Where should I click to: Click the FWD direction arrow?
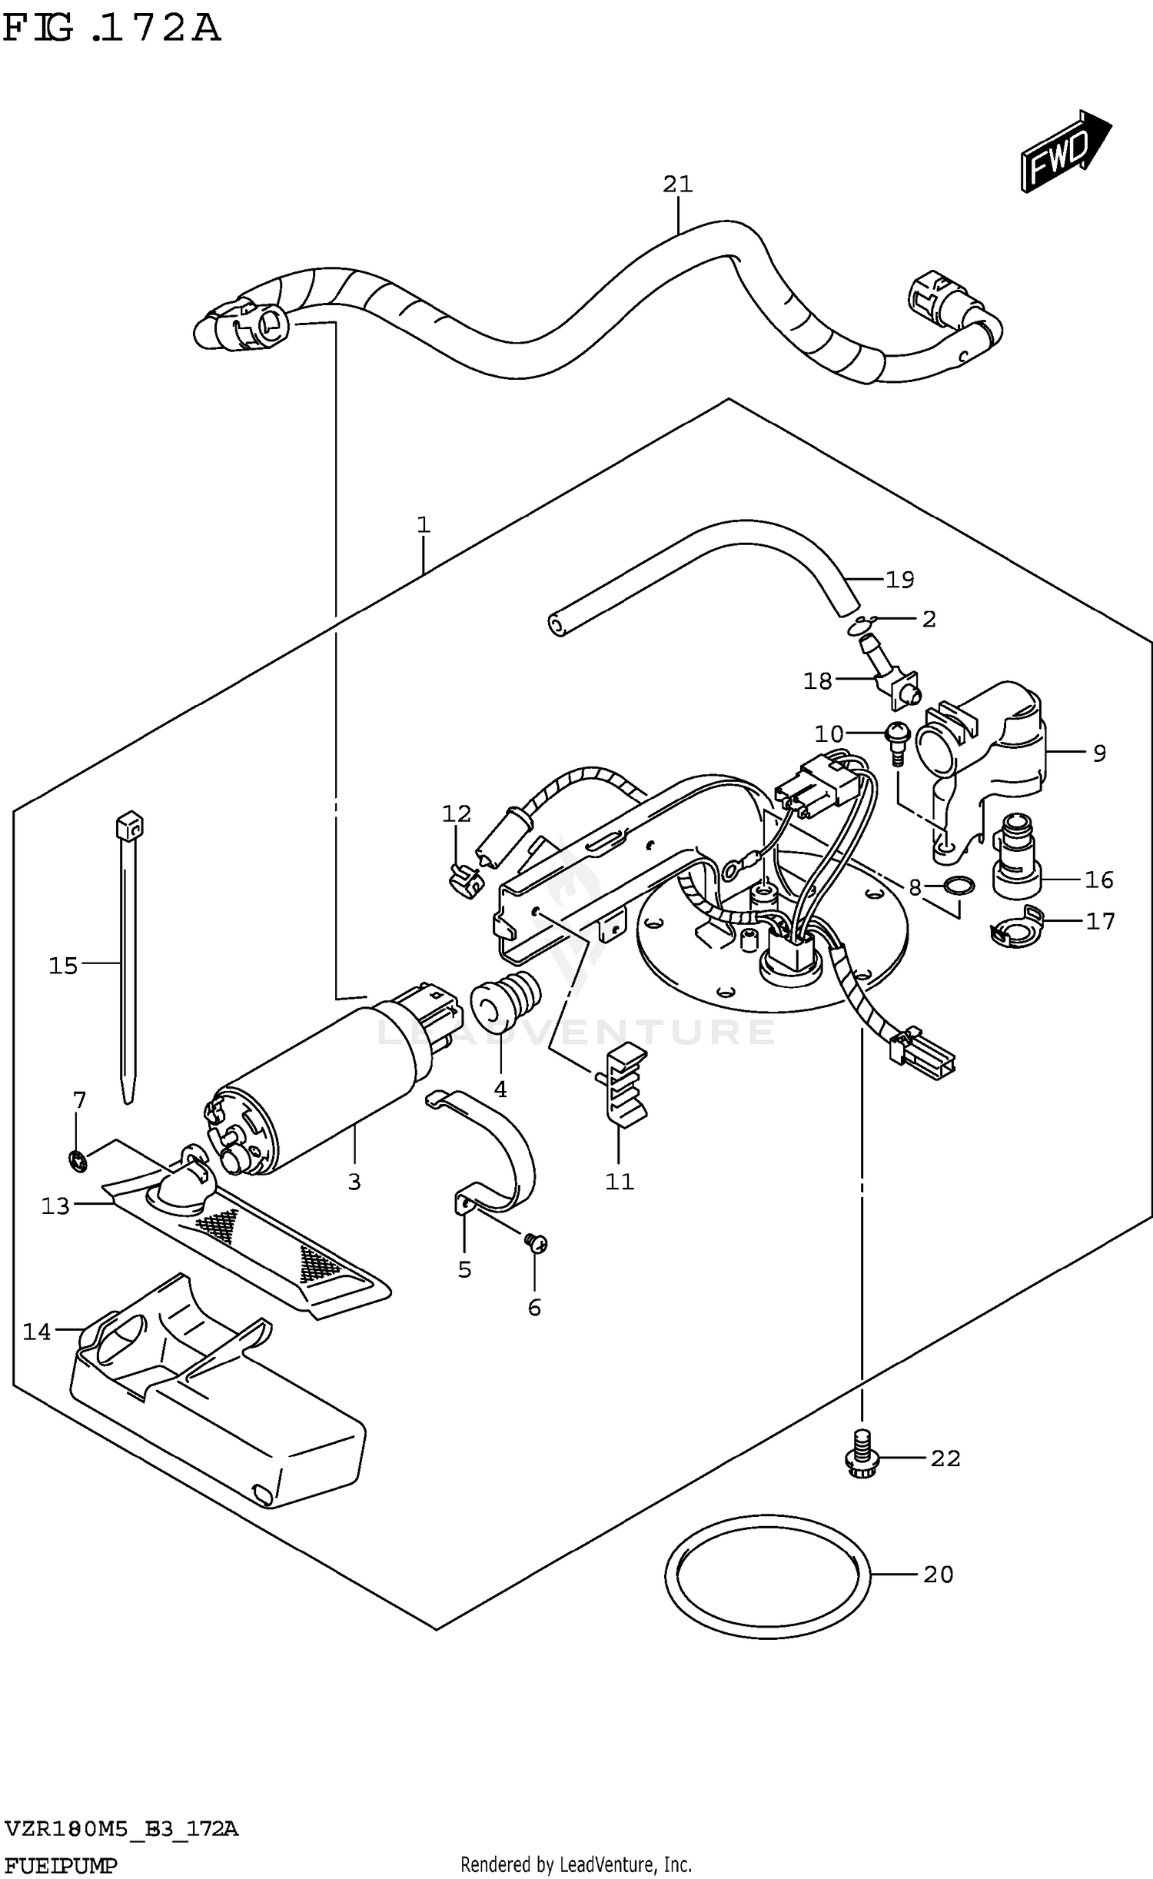pyautogui.click(x=1065, y=151)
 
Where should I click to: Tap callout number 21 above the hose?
pyautogui.click(x=677, y=185)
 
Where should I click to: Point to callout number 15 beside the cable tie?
pyautogui.click(x=63, y=966)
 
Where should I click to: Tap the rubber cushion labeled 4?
pyautogui.click(x=505, y=1000)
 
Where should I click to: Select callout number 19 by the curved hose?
pyautogui.click(x=899, y=580)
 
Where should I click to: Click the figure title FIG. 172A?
pyautogui.click(x=112, y=28)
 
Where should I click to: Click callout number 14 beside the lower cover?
pyautogui.click(x=36, y=1332)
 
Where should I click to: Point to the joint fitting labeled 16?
pyautogui.click(x=1016, y=859)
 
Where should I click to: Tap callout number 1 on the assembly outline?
pyautogui.click(x=423, y=525)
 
